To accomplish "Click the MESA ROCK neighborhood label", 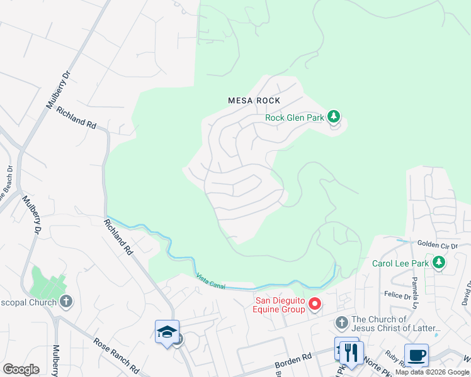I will [x=254, y=101].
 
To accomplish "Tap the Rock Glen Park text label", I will [x=294, y=117].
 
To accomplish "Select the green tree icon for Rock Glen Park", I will [x=334, y=116].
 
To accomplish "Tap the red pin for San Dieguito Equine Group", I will [x=315, y=305].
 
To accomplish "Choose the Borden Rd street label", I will [x=294, y=359].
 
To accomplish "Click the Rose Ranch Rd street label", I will [x=116, y=354].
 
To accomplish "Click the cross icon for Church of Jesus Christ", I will [x=341, y=323].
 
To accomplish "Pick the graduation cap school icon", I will [x=167, y=332].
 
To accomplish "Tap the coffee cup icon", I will [x=416, y=356].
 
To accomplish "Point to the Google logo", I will [x=21, y=369].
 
